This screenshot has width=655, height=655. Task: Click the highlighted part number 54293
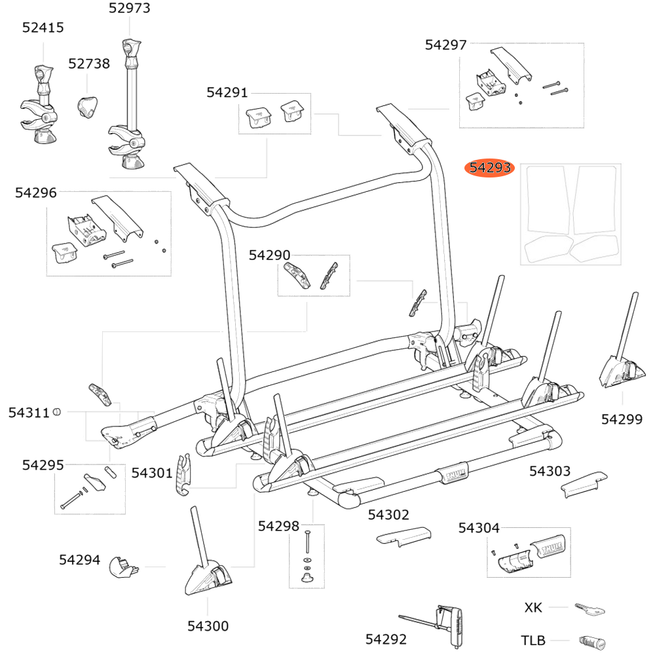489,169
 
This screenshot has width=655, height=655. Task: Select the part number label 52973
130,9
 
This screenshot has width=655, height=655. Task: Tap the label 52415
43,28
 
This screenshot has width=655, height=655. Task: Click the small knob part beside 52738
88,106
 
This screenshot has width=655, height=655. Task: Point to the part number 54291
227,93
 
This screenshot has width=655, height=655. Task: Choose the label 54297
445,45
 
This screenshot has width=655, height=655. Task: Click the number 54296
36,193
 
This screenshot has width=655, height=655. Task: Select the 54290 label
269,255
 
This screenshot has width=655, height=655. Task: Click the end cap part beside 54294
123,567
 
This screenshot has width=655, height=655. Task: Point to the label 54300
208,626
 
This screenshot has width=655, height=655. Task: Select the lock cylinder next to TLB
592,641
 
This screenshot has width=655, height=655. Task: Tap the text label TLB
533,641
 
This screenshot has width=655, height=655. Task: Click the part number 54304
479,528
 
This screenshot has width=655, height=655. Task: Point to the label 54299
622,419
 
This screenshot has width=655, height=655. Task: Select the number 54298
278,526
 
